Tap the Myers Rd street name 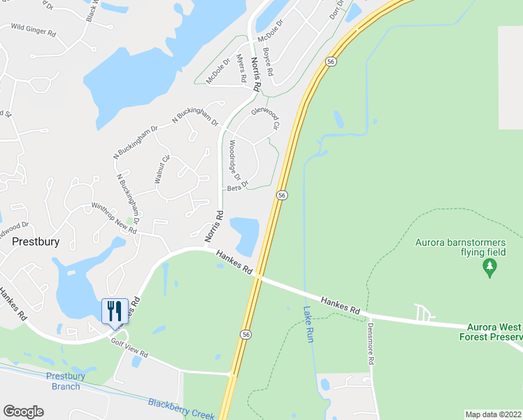[241, 69]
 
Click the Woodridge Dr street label [235, 160]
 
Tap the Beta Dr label [238, 188]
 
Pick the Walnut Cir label [162, 169]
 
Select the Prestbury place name [36, 241]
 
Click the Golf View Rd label [130, 347]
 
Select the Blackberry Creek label [181, 409]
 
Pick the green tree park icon [489, 266]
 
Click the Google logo [23, 412]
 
